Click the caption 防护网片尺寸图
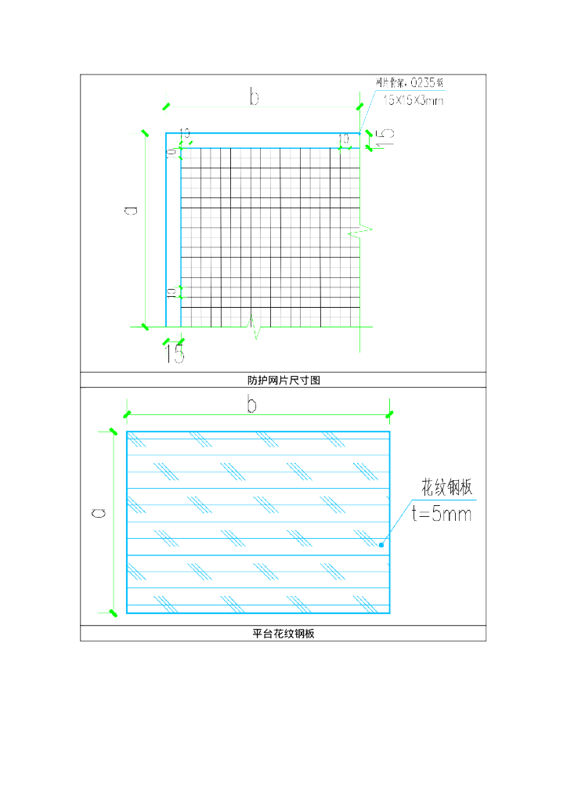pos(283,380)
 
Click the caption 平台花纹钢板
pos(283,634)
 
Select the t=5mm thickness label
pos(442,514)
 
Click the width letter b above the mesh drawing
pos(254,96)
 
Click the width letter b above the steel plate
pos(252,404)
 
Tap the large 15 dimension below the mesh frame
pos(175,354)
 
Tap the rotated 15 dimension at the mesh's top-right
pos(385,138)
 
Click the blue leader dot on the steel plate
pos(381,544)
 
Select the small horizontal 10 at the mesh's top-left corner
pos(186,133)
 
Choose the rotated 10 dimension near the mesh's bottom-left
pos(172,292)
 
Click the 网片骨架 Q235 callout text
pos(410,82)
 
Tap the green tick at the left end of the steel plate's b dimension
pos(127,414)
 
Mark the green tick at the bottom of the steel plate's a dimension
pos(113,611)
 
